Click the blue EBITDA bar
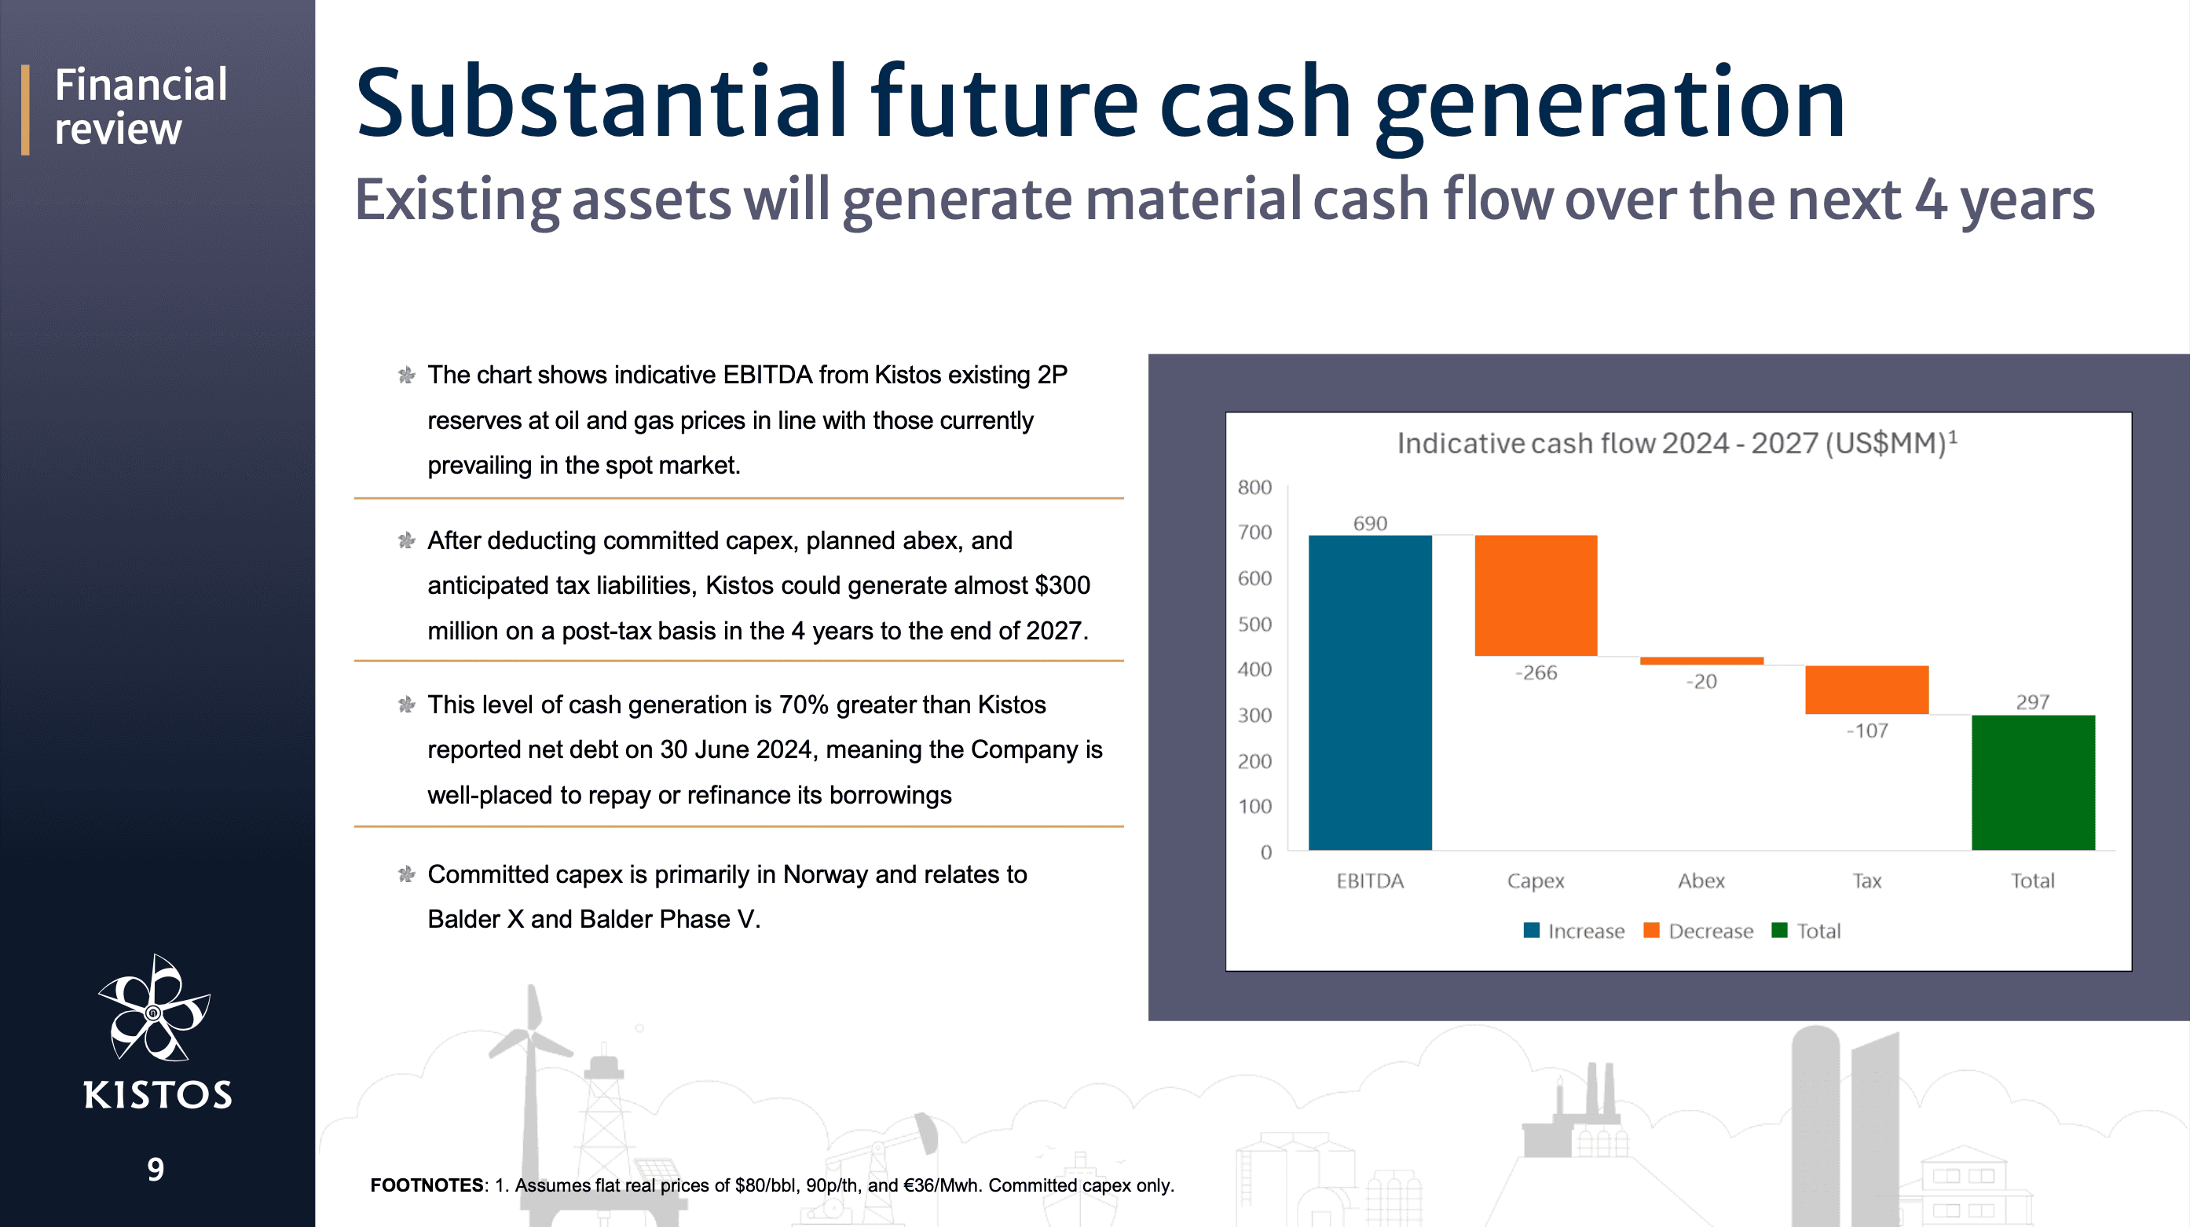pos(1370,692)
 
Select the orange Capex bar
pos(1536,595)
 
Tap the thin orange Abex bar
pos(1701,661)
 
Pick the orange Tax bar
pos(1867,690)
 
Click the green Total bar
pos(2033,782)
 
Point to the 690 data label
pos(1370,523)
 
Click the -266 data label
pos(1536,672)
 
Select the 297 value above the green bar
pos(2033,701)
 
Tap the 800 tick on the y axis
pos(1254,487)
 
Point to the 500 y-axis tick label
pos(1254,624)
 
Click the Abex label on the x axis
pos(1701,881)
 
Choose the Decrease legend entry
pos(1698,931)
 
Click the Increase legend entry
pos(1573,931)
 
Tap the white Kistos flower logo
pos(154,1008)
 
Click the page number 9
pos(156,1169)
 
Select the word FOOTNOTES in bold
pos(427,1185)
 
